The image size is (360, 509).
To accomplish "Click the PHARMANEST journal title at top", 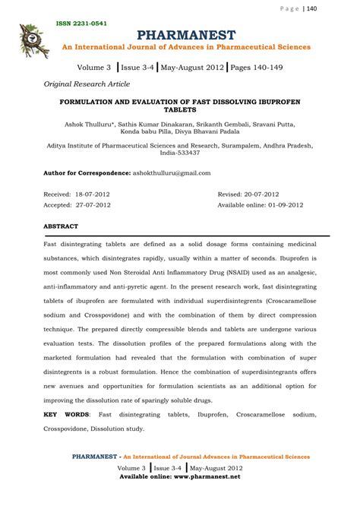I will [x=186, y=34].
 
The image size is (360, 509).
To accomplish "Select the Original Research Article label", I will [x=86, y=84].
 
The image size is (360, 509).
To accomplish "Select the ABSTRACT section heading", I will [x=60, y=226].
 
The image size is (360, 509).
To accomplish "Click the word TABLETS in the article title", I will [x=180, y=109].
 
